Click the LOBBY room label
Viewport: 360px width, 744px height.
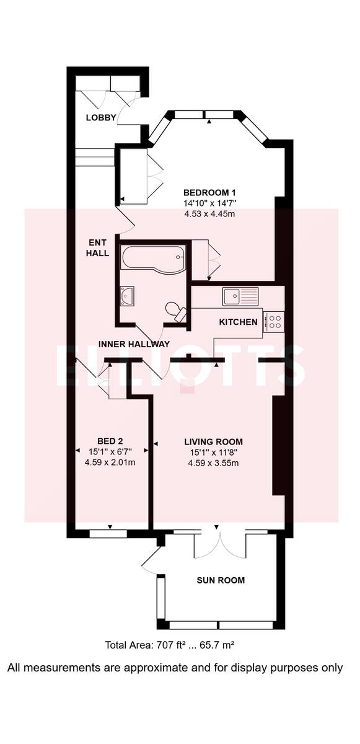(101, 118)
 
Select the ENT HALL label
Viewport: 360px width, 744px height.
(98, 248)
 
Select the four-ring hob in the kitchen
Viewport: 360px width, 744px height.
(274, 321)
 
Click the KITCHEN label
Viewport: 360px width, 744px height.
(239, 322)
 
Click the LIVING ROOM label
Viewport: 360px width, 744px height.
(214, 441)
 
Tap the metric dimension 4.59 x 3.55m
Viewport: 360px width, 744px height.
(214, 463)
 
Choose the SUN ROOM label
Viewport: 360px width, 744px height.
(221, 580)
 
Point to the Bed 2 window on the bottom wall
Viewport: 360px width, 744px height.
(109, 533)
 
